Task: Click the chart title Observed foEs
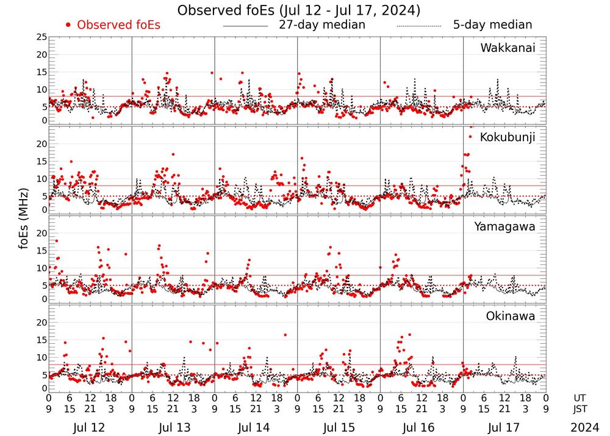(298, 10)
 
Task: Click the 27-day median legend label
(321, 25)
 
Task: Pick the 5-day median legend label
(492, 25)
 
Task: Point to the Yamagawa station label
(504, 227)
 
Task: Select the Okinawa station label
(510, 316)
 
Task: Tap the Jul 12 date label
(89, 427)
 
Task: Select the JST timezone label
(581, 409)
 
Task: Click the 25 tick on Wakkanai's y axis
(41, 37)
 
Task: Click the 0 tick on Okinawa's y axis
(44, 388)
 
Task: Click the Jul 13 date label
(171, 427)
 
